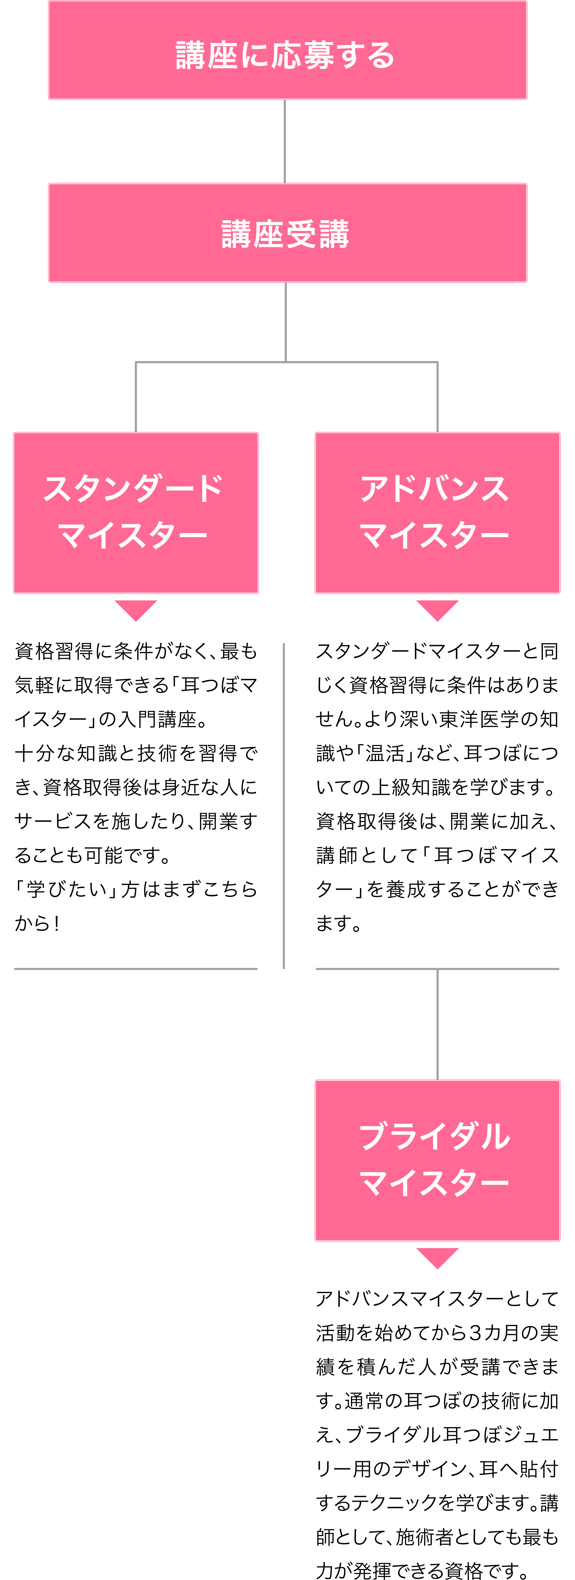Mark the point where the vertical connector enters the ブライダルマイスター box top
[438, 1080]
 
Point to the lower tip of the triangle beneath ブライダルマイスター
[438, 1268]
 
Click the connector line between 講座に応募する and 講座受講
[285, 141]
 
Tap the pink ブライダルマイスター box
[438, 1160]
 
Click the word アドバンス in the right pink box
[435, 489]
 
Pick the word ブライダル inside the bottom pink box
[435, 1136]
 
